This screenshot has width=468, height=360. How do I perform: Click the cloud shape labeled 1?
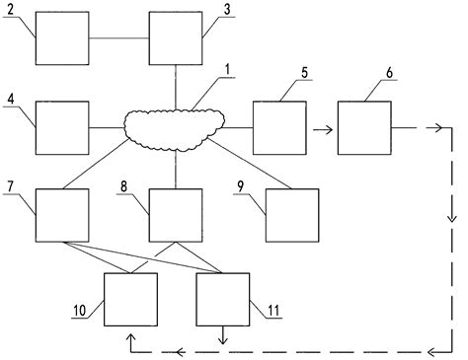coord(175,125)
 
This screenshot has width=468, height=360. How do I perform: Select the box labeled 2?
coord(62,38)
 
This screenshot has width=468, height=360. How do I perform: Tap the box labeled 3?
coord(175,38)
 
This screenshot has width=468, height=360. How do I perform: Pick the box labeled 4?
coord(62,127)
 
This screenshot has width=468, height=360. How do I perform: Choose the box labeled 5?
coord(278,127)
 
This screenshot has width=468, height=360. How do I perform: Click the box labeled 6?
coord(364,127)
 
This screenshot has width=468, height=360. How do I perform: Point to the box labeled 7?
coord(62,215)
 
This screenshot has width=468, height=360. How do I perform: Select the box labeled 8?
coord(175,215)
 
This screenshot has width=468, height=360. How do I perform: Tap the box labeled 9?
coord(292,215)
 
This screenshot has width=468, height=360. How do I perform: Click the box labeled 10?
coord(130,299)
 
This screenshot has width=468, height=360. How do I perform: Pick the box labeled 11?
coord(223,299)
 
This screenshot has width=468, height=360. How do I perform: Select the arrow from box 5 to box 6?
coord(320,127)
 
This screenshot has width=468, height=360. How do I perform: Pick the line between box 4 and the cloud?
coord(107,127)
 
